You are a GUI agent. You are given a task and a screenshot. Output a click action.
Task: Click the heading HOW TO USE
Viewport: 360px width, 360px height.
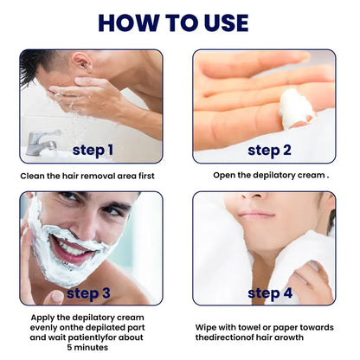[179, 22]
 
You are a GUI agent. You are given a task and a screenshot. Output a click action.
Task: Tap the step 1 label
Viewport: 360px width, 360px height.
[93, 150]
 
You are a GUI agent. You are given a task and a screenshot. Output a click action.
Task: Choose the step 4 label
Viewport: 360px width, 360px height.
[268, 292]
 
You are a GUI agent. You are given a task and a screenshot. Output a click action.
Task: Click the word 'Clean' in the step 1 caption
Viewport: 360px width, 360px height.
[35, 176]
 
